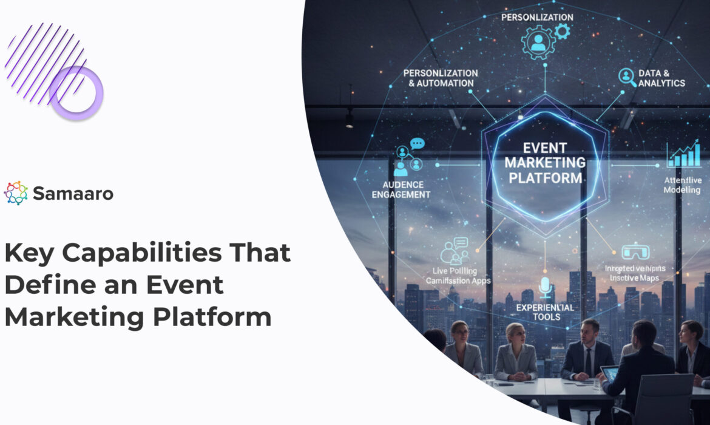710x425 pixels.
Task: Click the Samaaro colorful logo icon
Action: (16, 193)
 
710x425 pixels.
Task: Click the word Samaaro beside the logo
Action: (73, 194)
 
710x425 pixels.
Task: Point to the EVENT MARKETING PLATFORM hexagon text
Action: (545, 163)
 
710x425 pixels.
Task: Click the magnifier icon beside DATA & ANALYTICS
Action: (626, 76)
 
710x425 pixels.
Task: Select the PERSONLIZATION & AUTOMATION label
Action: (441, 78)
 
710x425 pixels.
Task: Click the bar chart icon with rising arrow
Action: (683, 155)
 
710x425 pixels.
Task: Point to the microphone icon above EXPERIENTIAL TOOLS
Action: (546, 287)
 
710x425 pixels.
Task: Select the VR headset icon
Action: (635, 251)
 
